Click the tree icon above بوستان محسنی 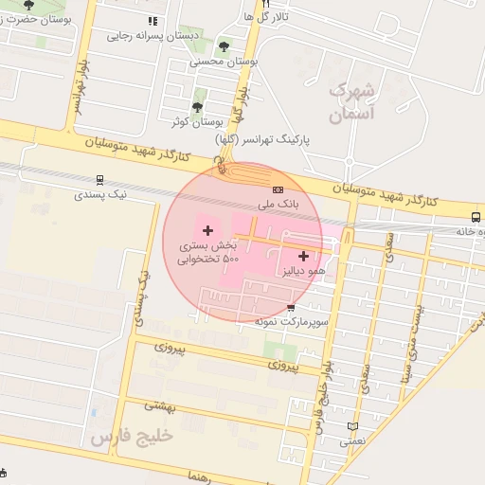(x=224, y=45)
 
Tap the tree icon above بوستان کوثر (x=197, y=107)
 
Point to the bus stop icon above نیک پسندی (x=99, y=179)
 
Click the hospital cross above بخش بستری (x=207, y=230)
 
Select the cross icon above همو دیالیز (x=303, y=256)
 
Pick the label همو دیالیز (x=303, y=271)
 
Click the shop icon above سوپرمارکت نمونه (x=291, y=307)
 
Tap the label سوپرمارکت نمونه (x=291, y=322)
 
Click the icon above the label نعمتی (x=353, y=426)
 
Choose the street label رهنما (x=204, y=476)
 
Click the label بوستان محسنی (x=224, y=61)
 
